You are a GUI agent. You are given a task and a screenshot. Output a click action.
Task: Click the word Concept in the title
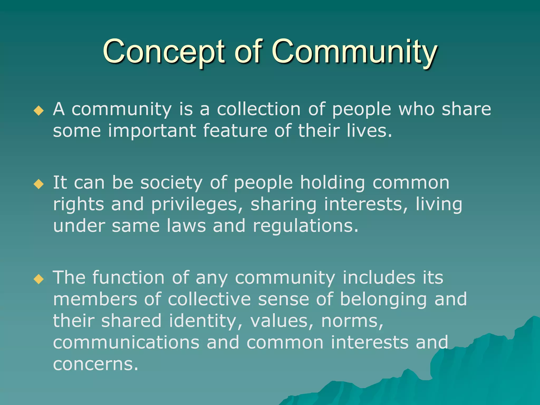[x=163, y=51]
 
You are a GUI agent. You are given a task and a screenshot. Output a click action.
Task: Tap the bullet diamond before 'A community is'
[x=39, y=111]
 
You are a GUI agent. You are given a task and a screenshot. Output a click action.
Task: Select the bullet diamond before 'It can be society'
[x=39, y=184]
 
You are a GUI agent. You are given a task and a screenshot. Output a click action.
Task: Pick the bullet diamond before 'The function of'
[x=39, y=279]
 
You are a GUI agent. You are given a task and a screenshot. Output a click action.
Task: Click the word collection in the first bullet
[x=258, y=109]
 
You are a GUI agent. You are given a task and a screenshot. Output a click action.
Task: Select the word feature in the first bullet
[x=235, y=131]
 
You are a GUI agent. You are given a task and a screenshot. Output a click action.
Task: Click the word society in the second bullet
[x=171, y=183]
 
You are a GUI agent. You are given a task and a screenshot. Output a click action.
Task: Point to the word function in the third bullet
[x=128, y=278]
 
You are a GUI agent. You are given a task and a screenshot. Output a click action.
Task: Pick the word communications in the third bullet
[x=126, y=343]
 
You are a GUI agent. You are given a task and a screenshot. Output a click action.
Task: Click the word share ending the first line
[x=466, y=109]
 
